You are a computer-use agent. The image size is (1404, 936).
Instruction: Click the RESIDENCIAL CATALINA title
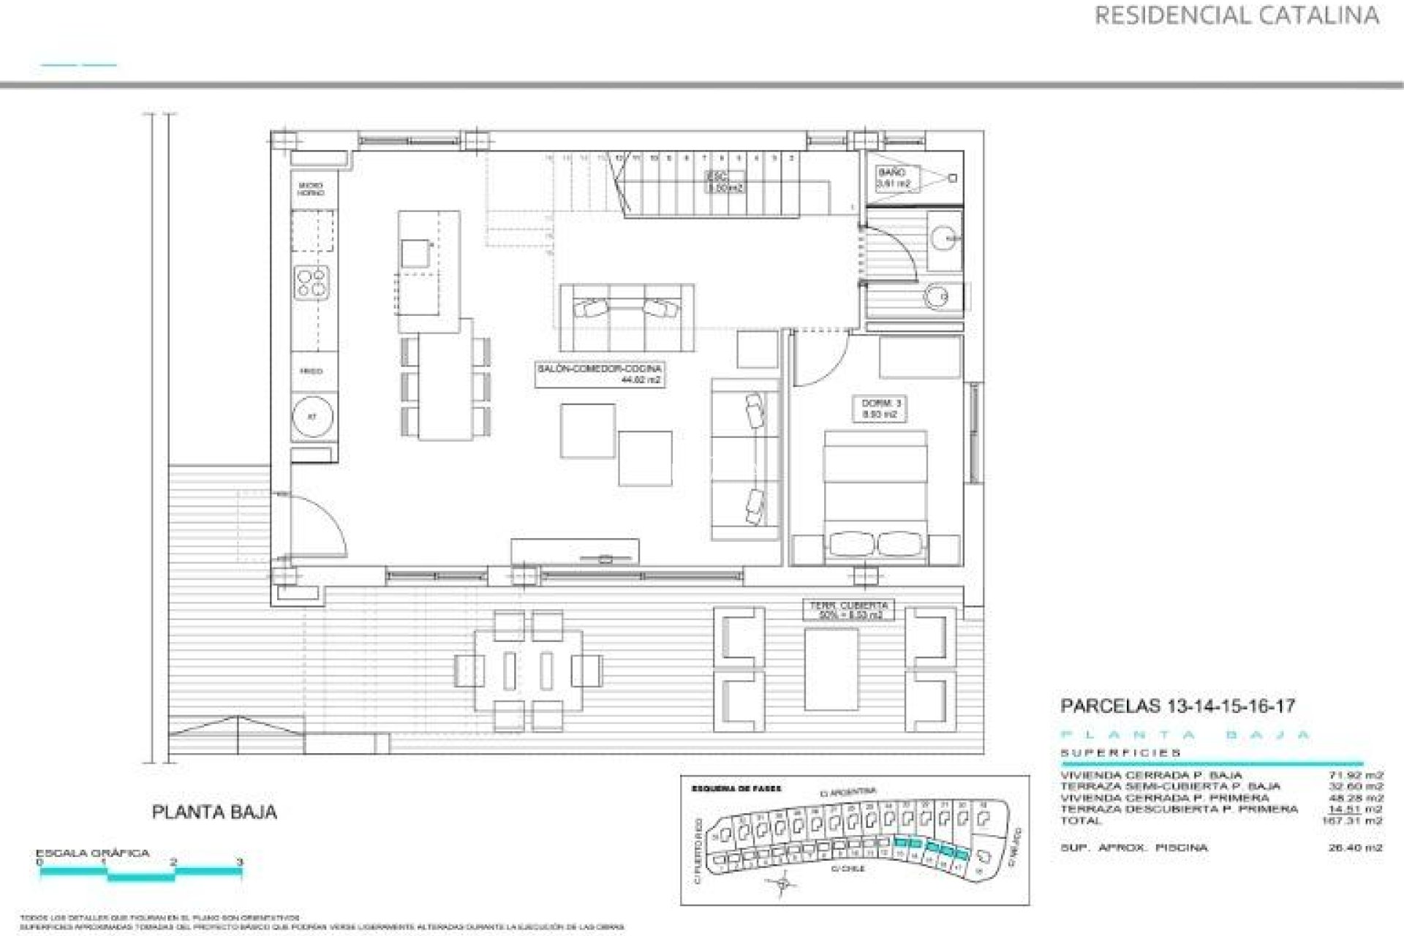click(1237, 15)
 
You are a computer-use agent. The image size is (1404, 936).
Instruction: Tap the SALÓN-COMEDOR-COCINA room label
click(599, 374)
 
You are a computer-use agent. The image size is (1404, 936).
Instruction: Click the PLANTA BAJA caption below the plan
click(214, 812)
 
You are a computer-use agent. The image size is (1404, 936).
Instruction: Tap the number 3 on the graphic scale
click(240, 862)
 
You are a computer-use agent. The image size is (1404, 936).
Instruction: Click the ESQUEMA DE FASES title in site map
click(736, 789)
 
